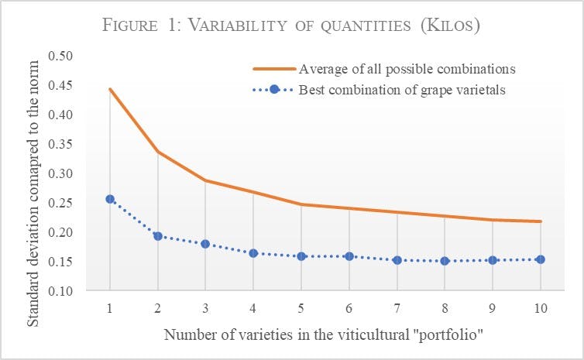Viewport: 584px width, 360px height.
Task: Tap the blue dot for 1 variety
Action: tap(110, 199)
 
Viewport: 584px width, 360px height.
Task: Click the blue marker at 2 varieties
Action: tap(157, 236)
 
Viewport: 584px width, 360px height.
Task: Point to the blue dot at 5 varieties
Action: tap(301, 255)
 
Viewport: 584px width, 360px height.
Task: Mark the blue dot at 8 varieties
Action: tap(445, 261)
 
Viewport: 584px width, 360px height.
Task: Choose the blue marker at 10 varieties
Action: tap(541, 259)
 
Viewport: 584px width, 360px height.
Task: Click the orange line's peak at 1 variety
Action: tap(110, 89)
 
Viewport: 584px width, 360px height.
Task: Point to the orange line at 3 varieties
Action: tap(205, 180)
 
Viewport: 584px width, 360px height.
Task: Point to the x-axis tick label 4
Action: tap(253, 308)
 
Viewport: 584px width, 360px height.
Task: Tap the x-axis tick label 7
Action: tap(397, 308)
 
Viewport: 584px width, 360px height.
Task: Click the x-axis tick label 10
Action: tap(541, 308)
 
